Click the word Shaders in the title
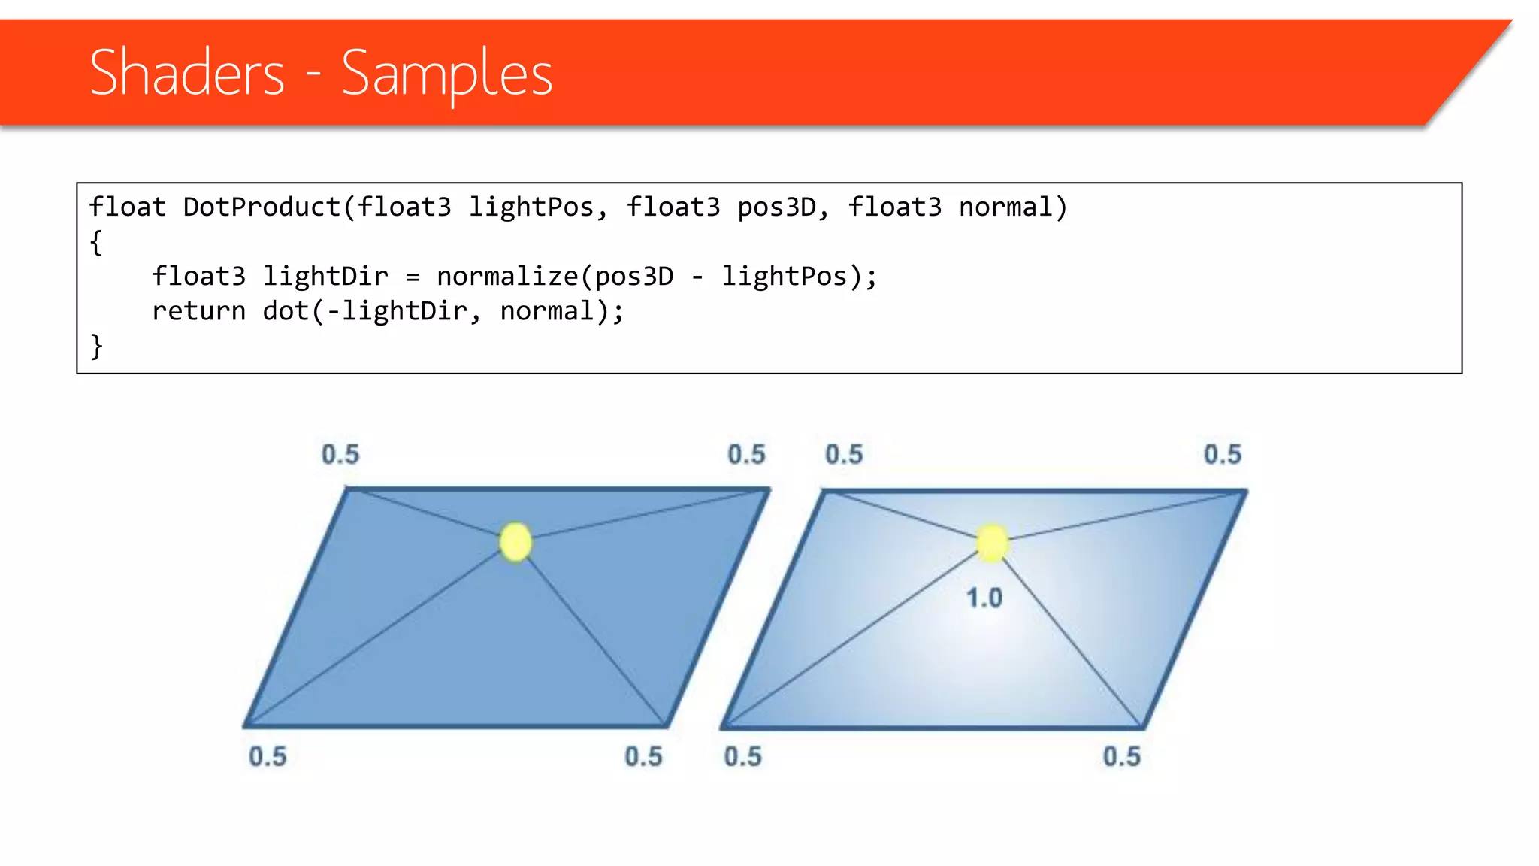187,73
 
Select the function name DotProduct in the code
262,207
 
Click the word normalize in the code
507,277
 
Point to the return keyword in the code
198,311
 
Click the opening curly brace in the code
96,242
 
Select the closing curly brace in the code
96,346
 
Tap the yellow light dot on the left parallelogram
516,542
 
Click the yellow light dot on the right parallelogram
992,542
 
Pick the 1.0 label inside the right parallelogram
984,598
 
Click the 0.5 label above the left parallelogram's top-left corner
340,454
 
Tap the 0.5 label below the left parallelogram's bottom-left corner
268,756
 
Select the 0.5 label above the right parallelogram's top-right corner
1223,454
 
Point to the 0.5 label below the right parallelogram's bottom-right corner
1121,756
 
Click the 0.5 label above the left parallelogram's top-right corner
746,454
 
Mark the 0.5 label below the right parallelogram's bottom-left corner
742,756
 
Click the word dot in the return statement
286,311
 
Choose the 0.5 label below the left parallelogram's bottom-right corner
643,756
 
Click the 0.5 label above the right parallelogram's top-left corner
844,454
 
